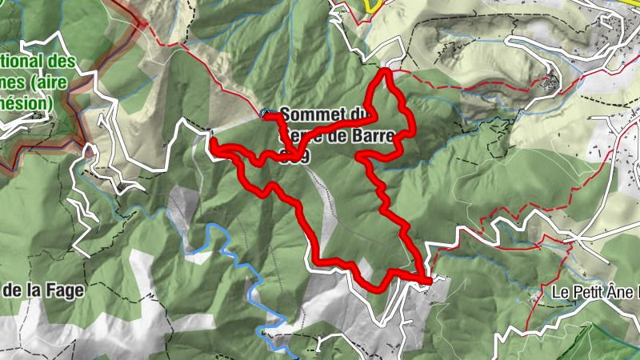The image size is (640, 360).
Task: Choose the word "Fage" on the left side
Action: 66,291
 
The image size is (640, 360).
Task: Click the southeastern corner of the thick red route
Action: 428,280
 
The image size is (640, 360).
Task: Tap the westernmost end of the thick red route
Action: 214,142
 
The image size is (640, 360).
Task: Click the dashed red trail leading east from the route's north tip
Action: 464,83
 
